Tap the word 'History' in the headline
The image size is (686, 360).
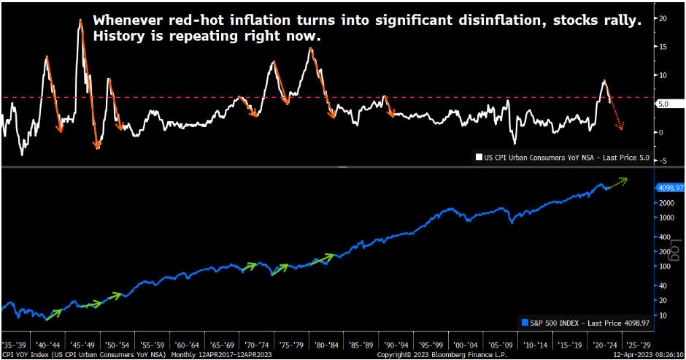119,36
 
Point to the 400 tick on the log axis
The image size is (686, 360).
662,237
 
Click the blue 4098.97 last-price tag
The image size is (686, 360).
669,187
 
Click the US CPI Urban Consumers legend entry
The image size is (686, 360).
561,156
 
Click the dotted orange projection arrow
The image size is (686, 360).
617,117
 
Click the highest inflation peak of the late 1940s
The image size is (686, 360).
80,20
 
